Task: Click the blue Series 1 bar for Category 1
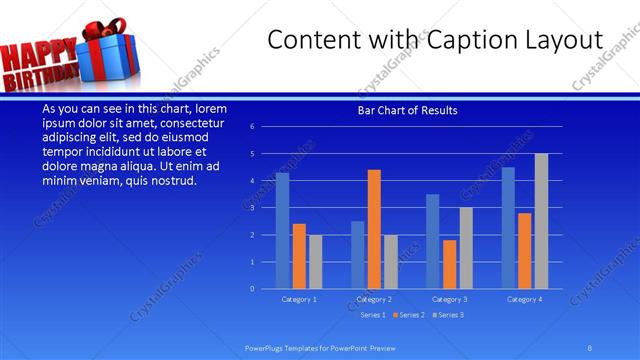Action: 282,231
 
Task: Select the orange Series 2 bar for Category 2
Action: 374,229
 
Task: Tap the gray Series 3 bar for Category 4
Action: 541,221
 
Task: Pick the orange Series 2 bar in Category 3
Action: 449,264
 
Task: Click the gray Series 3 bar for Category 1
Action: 315,262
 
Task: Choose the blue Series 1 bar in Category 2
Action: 357,255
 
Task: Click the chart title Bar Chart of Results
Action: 407,110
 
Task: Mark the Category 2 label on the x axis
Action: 374,299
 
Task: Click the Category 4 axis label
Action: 524,299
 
